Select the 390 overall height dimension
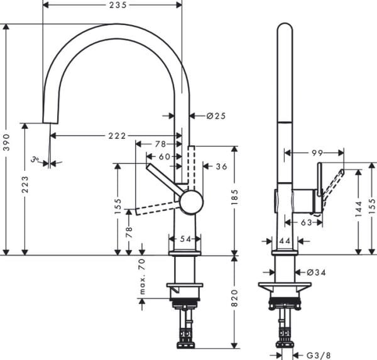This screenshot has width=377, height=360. (x=6, y=139)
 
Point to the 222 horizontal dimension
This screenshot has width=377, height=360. (x=116, y=136)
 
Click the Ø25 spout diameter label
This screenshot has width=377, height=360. (x=216, y=116)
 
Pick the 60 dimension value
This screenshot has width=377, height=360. (x=164, y=156)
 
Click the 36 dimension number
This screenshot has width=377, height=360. (x=221, y=166)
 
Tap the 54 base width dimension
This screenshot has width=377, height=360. (x=185, y=239)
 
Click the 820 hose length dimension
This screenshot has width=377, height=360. (x=234, y=301)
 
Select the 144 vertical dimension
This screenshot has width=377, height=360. (x=358, y=209)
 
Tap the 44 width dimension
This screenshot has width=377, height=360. (x=284, y=240)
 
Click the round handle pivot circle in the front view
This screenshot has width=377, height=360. (x=191, y=202)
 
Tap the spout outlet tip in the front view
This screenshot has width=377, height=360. (x=50, y=121)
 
